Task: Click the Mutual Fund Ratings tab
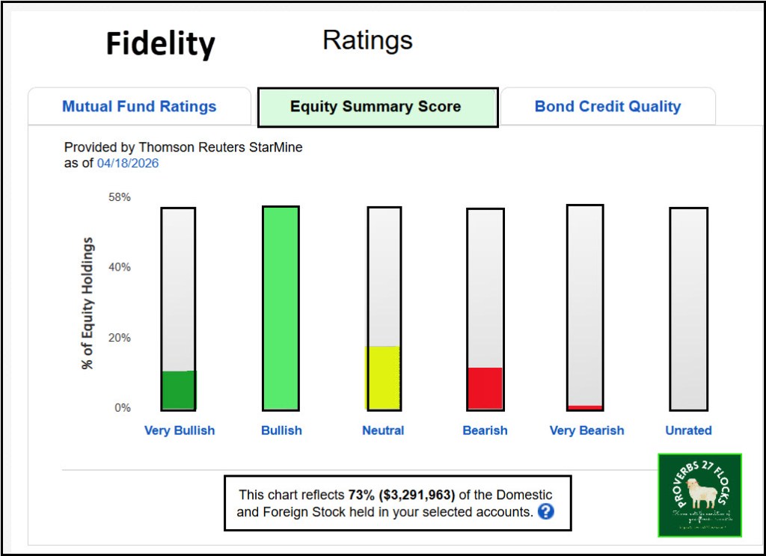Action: pyautogui.click(x=139, y=106)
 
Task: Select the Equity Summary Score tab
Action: pyautogui.click(x=376, y=106)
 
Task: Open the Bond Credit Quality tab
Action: pyautogui.click(x=607, y=106)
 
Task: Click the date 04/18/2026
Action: pyautogui.click(x=128, y=163)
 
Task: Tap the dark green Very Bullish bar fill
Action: pyautogui.click(x=178, y=390)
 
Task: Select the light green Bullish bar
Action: pyautogui.click(x=281, y=308)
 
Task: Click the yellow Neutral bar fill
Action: pyautogui.click(x=383, y=377)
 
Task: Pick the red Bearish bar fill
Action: pyautogui.click(x=485, y=389)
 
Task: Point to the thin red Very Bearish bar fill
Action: pyautogui.click(x=585, y=407)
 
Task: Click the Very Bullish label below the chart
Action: pyautogui.click(x=179, y=430)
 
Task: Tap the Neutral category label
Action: pyautogui.click(x=383, y=430)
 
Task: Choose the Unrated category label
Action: pyautogui.click(x=688, y=430)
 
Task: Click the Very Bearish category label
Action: pyautogui.click(x=586, y=430)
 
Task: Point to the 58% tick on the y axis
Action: pyautogui.click(x=120, y=197)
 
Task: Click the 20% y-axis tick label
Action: pyautogui.click(x=120, y=338)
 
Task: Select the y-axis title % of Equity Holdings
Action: pyautogui.click(x=88, y=303)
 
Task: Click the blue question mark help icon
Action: pyautogui.click(x=546, y=512)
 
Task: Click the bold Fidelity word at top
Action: pyautogui.click(x=160, y=44)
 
